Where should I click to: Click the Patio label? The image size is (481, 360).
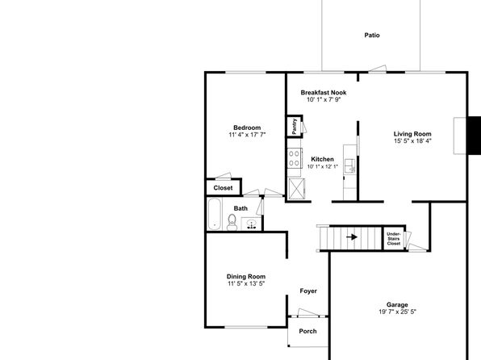coord(372,36)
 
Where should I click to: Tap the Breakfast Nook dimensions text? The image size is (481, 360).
coord(324,100)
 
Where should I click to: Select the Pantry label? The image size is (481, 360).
coord(295,126)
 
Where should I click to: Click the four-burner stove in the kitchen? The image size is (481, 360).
coord(295,158)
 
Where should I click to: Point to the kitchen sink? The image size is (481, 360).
coord(349,165)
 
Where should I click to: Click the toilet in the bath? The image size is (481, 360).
coord(232,223)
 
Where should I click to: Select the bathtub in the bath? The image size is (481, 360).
coord(215,214)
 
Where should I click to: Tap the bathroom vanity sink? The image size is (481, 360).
coord(252,224)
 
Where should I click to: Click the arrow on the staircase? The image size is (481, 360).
coord(352,237)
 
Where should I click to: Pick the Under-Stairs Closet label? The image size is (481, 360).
coord(394,239)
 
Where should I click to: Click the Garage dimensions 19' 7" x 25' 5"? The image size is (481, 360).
coord(397,312)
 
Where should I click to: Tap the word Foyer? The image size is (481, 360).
coord(308,291)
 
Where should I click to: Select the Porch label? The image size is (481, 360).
coord(307,331)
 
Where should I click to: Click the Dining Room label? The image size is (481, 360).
coord(246,277)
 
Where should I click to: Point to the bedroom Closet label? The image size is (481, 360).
coord(223,188)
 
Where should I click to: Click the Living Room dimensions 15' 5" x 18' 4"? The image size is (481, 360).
coord(412,141)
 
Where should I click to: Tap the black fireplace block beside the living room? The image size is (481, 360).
coord(474,136)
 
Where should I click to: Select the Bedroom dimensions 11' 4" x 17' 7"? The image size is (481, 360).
coord(247,135)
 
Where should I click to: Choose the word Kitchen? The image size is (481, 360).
coord(322,159)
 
